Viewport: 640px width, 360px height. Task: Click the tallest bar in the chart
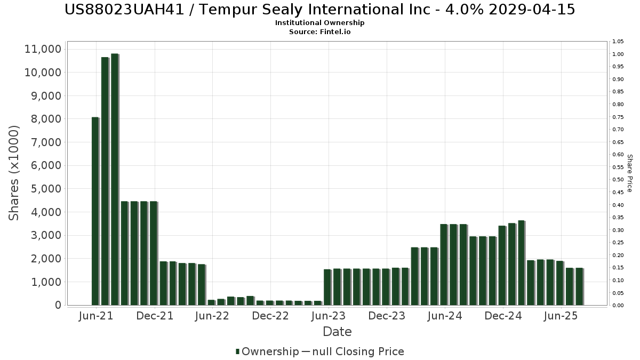(x=114, y=179)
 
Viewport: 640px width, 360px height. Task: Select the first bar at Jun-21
(x=95, y=211)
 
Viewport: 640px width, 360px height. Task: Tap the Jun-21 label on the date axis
(x=95, y=316)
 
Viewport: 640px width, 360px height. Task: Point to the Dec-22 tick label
(x=270, y=316)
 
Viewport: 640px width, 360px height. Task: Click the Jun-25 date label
(x=561, y=316)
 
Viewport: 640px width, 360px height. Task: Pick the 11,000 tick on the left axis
(x=43, y=49)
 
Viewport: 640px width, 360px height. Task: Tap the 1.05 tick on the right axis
(x=618, y=42)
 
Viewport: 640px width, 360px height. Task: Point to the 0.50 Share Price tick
(x=618, y=180)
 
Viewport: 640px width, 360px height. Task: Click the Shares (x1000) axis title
(x=14, y=173)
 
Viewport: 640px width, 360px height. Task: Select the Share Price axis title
(x=629, y=173)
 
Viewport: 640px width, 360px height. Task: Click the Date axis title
(x=337, y=332)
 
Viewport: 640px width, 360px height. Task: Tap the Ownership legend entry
(x=268, y=351)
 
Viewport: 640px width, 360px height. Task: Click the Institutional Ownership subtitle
(x=320, y=23)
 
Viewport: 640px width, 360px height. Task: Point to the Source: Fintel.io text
(x=320, y=32)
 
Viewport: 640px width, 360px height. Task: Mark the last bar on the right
(x=579, y=286)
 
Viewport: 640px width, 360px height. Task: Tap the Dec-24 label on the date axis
(x=503, y=316)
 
